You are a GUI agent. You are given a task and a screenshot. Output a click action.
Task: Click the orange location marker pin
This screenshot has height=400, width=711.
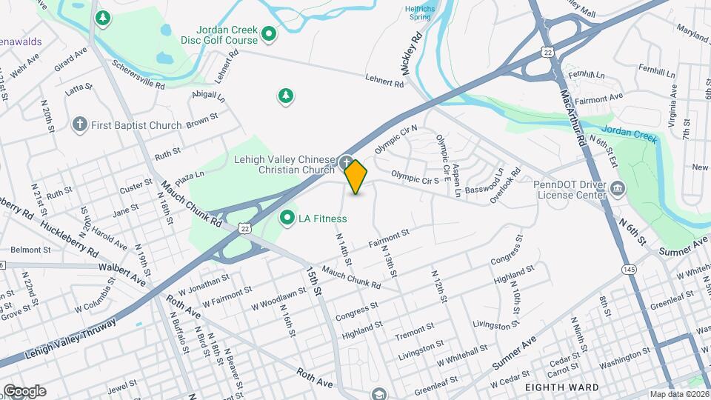(356, 177)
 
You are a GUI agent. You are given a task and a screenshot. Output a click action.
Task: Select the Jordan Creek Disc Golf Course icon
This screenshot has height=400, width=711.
(269, 33)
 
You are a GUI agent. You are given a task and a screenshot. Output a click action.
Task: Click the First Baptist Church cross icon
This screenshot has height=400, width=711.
(80, 124)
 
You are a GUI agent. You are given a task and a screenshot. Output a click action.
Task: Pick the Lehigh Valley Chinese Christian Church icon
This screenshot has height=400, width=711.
(346, 161)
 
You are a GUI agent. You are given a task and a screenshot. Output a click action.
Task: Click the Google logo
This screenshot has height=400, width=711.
(24, 390)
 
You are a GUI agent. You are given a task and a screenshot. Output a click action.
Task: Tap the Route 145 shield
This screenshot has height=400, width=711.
(630, 268)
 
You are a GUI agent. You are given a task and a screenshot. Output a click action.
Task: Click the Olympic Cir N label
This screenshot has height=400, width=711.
(396, 139)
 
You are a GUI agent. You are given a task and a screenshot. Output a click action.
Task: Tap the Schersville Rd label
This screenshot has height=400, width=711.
(138, 74)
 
